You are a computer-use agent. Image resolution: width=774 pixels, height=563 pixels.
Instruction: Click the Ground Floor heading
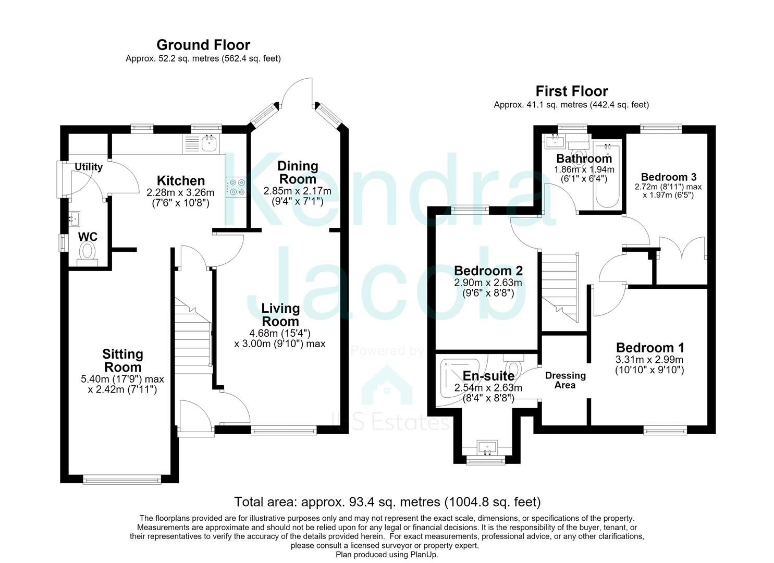click(x=203, y=45)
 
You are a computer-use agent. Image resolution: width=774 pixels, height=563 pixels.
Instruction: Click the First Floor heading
click(x=572, y=91)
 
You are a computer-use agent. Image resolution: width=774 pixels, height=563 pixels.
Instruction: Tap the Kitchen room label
click(x=181, y=180)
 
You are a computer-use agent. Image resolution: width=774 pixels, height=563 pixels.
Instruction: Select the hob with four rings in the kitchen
click(x=236, y=187)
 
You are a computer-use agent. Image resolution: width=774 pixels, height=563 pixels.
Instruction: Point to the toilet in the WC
click(x=87, y=254)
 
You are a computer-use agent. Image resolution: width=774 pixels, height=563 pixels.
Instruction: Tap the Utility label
click(x=89, y=167)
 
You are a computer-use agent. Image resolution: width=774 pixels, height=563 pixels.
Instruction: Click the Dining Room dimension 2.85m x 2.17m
click(x=297, y=191)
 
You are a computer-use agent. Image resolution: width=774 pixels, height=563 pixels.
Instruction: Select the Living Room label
click(x=280, y=315)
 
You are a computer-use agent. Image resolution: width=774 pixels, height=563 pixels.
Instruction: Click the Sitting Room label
click(x=122, y=360)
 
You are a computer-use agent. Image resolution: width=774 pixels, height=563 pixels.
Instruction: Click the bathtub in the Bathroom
click(x=607, y=175)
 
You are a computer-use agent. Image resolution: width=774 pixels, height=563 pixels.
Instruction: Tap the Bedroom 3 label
click(x=668, y=177)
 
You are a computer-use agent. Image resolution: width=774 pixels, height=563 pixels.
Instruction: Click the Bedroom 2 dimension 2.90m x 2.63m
click(x=488, y=283)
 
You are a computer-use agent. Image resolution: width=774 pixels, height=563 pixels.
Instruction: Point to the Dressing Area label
click(x=566, y=380)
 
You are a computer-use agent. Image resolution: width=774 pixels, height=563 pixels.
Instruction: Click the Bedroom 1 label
click(x=649, y=347)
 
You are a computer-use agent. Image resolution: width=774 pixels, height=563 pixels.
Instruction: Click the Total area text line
click(x=387, y=501)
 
